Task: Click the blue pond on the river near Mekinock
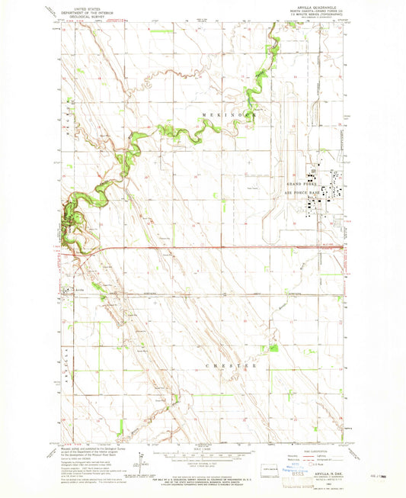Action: tap(248, 98)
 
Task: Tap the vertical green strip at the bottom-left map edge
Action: tap(120, 428)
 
